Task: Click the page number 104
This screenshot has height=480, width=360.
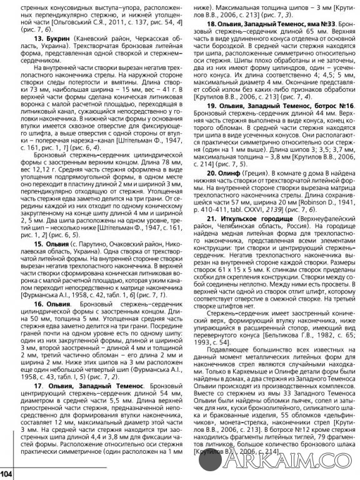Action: [x=7, y=473]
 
